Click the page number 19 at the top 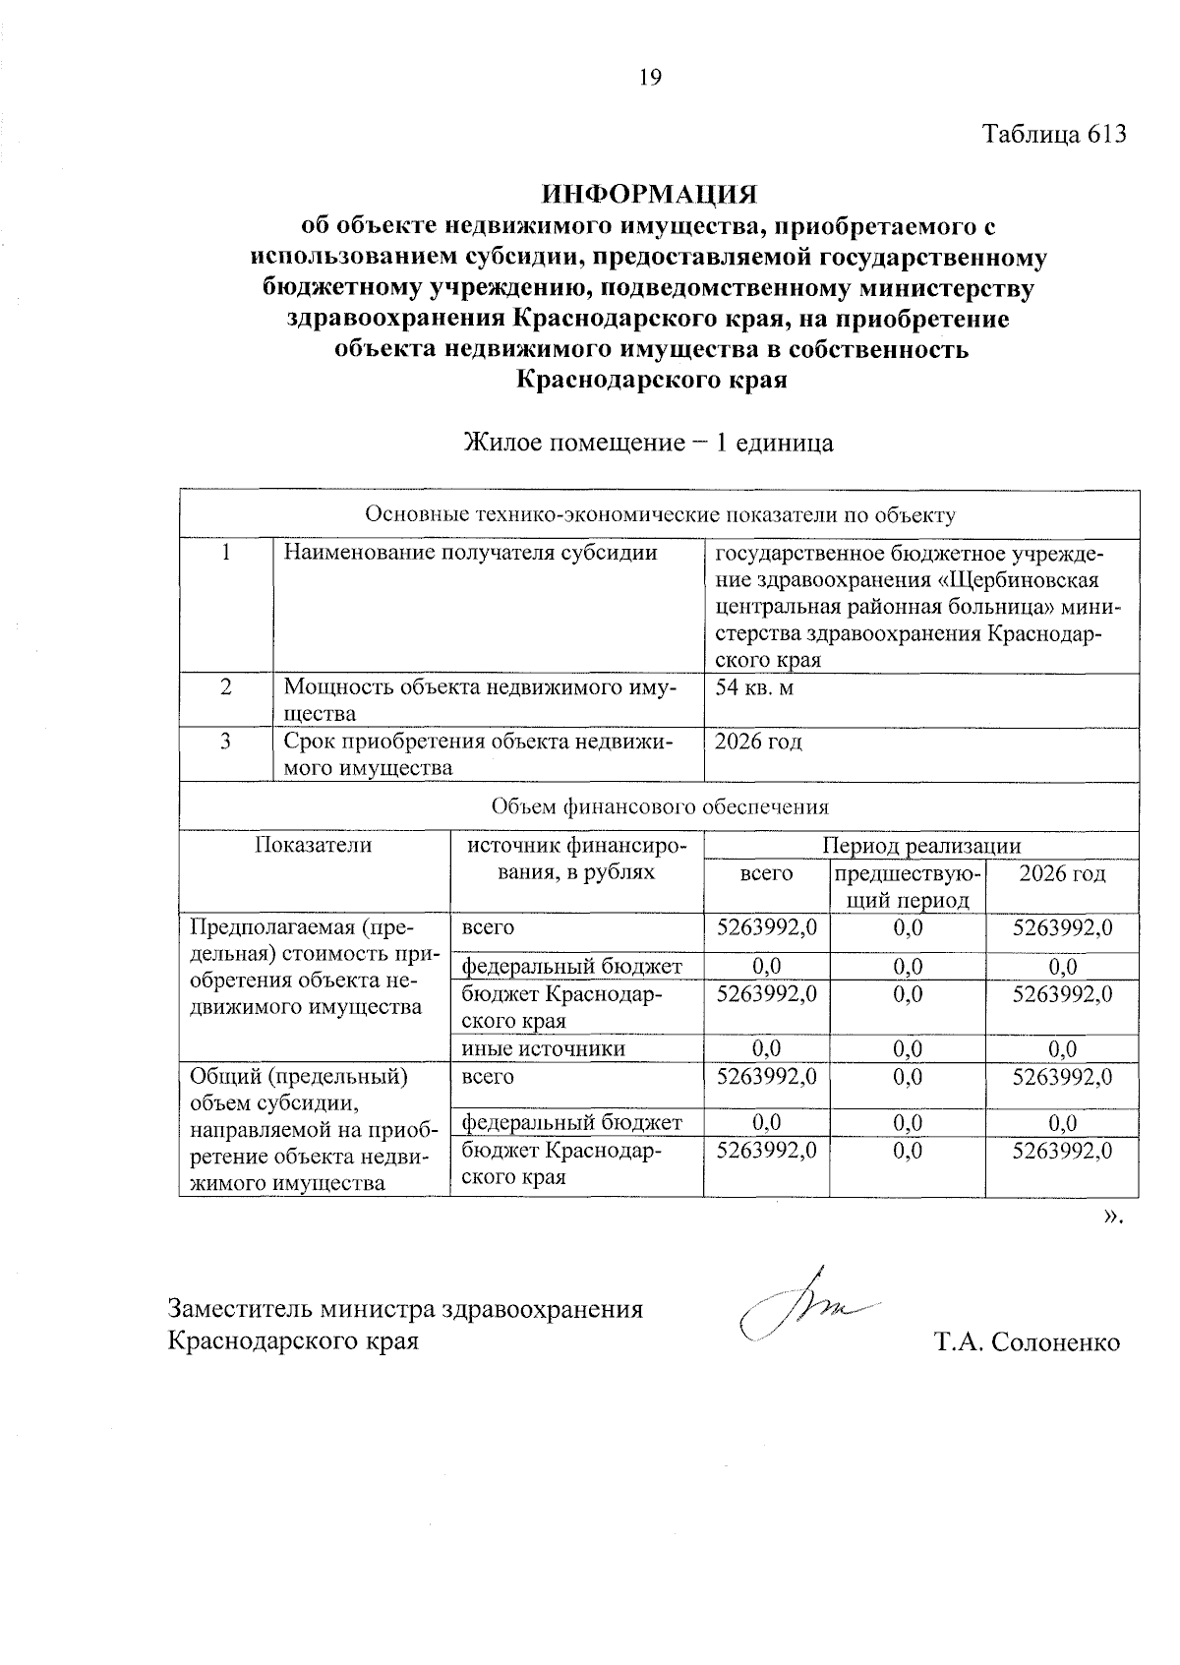coord(650,78)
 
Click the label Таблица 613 coord(1054,135)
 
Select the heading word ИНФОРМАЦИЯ coord(650,194)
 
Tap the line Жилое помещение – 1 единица coord(649,443)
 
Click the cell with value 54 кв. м coord(754,687)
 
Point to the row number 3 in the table coord(225,742)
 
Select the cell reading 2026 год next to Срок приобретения coord(758,742)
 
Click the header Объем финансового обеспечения coord(660,807)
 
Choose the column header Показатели coord(314,845)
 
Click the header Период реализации coord(921,846)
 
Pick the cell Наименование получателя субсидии coord(470,553)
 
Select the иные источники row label coord(544,1048)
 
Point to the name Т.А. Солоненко coord(1028,1342)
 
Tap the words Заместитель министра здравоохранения coord(405,1309)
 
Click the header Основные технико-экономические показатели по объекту coord(660,514)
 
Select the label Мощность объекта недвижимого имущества coord(480,699)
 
